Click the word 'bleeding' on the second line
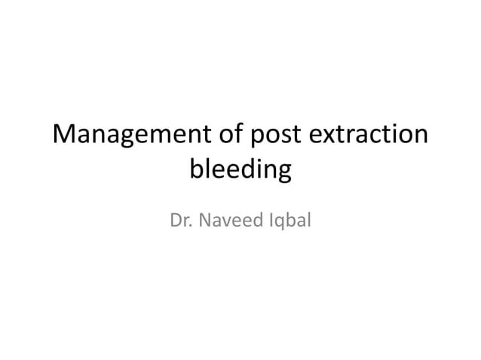tap(240, 170)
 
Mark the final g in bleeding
tap(283, 173)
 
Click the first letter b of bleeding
tap(196, 169)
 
